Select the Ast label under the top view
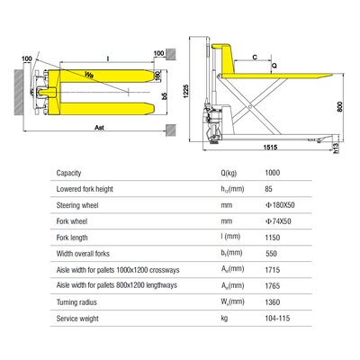point(98,130)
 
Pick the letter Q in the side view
point(274,65)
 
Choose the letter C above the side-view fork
point(256,57)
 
